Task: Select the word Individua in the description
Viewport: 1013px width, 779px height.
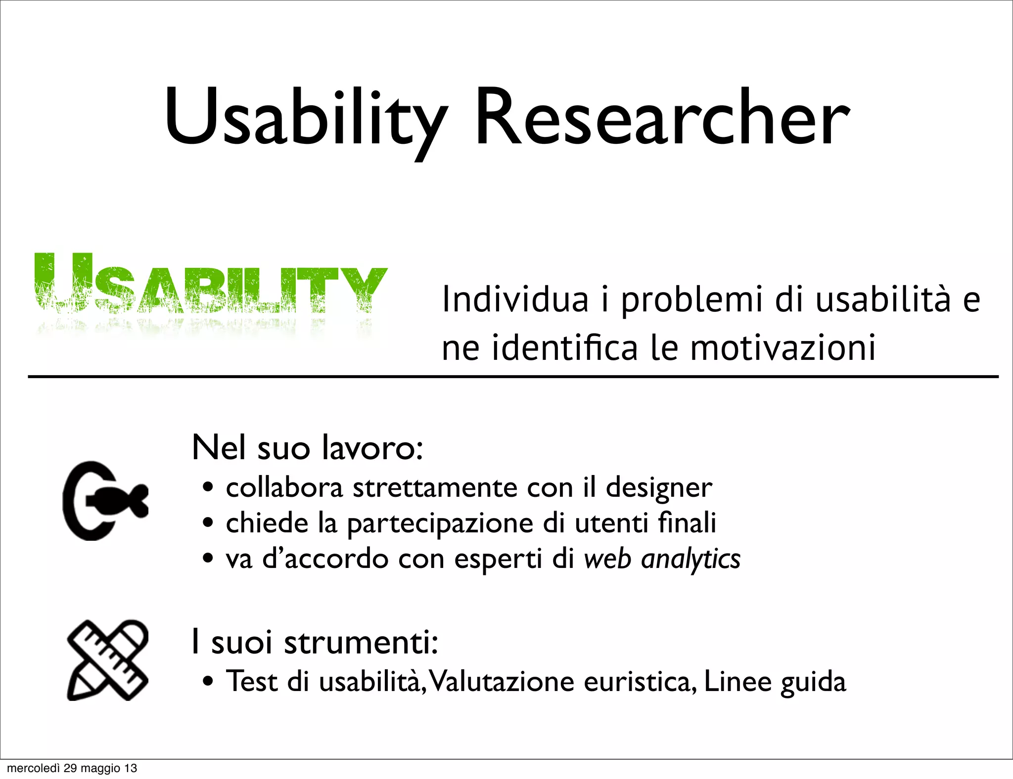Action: pos(515,300)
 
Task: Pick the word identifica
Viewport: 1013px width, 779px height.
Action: pos(564,348)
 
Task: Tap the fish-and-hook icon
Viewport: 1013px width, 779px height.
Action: pos(105,500)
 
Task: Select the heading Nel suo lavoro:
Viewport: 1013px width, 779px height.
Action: pos(307,447)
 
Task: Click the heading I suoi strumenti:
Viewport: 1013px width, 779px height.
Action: pos(315,642)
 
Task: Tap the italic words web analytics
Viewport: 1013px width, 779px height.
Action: pos(662,560)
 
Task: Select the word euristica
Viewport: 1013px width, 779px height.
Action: pos(640,682)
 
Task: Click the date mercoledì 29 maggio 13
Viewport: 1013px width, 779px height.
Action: pos(72,768)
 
